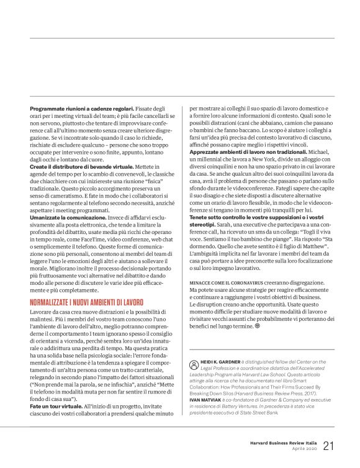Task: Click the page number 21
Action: click(x=328, y=446)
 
